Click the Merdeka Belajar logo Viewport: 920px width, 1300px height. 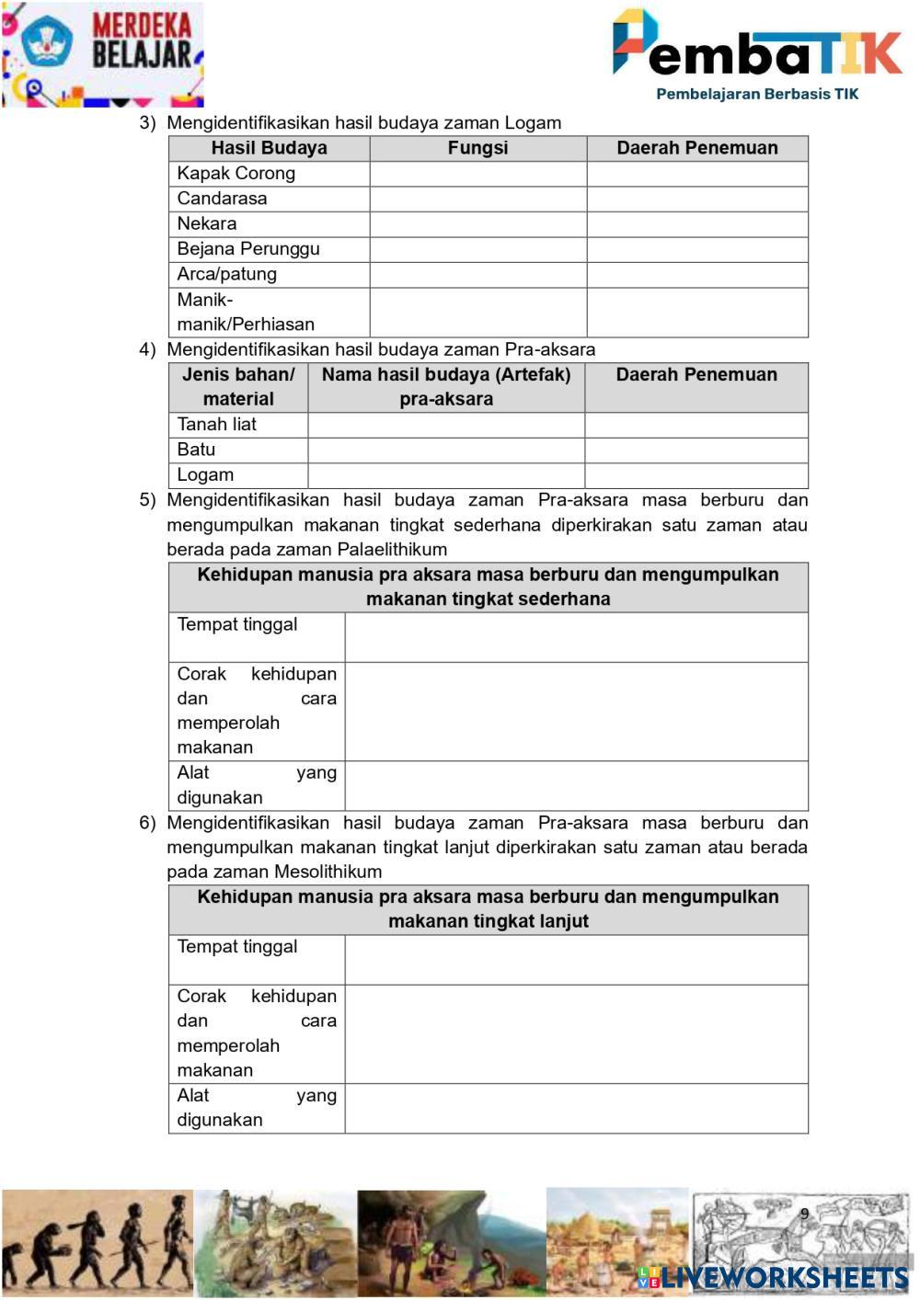[x=101, y=53]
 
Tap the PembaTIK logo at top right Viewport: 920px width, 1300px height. [x=756, y=53]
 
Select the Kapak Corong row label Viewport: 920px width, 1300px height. [x=236, y=173]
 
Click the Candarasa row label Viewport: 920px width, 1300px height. [x=222, y=199]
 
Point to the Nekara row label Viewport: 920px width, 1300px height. [x=207, y=223]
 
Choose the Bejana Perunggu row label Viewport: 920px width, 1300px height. [x=248, y=248]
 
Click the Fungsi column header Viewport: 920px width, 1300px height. [x=477, y=148]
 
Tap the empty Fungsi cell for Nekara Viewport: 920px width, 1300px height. [x=477, y=223]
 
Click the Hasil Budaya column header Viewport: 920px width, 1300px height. [x=269, y=148]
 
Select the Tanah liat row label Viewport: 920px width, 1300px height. [x=216, y=424]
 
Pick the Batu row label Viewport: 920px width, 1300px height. [x=196, y=450]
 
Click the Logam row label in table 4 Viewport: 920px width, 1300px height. [x=205, y=474]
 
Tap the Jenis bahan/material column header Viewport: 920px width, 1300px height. [x=238, y=387]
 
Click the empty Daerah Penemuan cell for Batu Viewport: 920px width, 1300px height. [x=696, y=450]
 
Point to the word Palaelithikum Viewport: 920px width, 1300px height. [x=392, y=550]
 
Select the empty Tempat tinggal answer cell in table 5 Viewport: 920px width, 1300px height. [x=576, y=636]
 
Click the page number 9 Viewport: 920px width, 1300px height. [x=804, y=1214]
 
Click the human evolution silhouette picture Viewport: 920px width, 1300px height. [x=97, y=1243]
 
